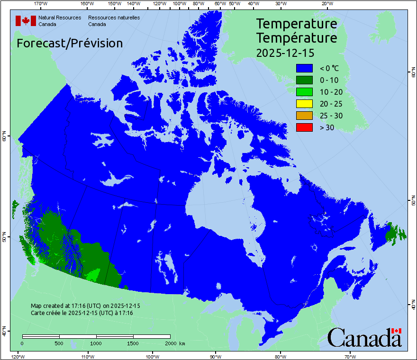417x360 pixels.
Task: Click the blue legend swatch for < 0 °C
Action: click(x=304, y=68)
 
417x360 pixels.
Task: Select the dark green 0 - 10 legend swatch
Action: click(x=304, y=80)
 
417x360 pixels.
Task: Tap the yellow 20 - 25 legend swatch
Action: click(x=304, y=104)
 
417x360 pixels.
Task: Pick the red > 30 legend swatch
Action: click(x=304, y=127)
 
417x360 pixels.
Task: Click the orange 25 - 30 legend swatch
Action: click(x=304, y=116)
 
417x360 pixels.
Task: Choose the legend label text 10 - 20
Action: click(x=331, y=92)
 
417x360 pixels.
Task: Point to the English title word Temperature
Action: click(x=297, y=23)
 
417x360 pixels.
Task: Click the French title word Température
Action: click(x=297, y=37)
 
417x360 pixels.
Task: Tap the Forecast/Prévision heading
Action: click(x=70, y=43)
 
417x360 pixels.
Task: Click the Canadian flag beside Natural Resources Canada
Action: click(x=26, y=21)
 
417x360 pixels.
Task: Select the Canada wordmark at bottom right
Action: click(x=364, y=337)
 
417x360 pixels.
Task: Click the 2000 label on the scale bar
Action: click(x=170, y=343)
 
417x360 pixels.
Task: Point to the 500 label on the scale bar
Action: click(x=59, y=343)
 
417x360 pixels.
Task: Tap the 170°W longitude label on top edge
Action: click(x=41, y=4)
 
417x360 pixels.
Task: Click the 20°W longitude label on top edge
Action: click(x=326, y=4)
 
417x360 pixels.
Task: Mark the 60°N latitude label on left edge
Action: click(x=4, y=137)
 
